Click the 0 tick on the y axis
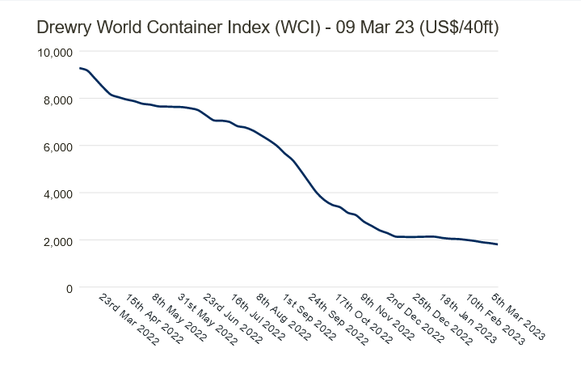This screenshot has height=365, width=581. tap(68, 288)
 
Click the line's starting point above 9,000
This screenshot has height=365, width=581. tap(79, 68)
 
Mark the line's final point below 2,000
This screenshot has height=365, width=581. tap(497, 244)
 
